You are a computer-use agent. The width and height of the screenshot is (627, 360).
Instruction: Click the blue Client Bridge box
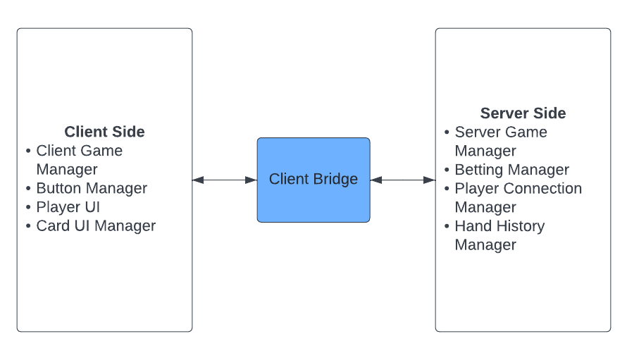(313, 180)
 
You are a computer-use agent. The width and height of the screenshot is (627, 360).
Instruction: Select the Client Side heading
(104, 132)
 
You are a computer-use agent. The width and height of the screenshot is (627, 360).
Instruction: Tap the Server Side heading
(523, 113)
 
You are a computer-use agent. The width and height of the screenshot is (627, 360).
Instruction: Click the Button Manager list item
(92, 188)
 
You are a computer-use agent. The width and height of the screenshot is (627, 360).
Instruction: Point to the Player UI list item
(68, 207)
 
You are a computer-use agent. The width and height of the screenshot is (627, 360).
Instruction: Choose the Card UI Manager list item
(96, 226)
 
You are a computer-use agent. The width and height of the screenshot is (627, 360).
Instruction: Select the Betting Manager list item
(511, 170)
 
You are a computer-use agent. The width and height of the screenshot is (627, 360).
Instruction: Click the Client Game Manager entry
(79, 160)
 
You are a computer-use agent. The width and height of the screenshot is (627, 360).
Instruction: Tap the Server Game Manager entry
(500, 141)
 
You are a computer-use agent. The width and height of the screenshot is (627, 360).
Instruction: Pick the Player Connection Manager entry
(518, 198)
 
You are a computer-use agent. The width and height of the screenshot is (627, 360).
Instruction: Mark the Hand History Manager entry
(499, 235)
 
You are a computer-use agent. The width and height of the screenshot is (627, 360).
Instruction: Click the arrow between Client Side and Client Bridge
(224, 180)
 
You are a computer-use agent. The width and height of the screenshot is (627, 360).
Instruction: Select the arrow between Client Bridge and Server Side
(402, 180)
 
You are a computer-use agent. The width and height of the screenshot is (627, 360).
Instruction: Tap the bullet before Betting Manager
(447, 170)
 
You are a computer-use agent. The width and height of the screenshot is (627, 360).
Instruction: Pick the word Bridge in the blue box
(336, 180)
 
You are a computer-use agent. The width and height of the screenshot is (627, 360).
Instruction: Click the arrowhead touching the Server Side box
(430, 180)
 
